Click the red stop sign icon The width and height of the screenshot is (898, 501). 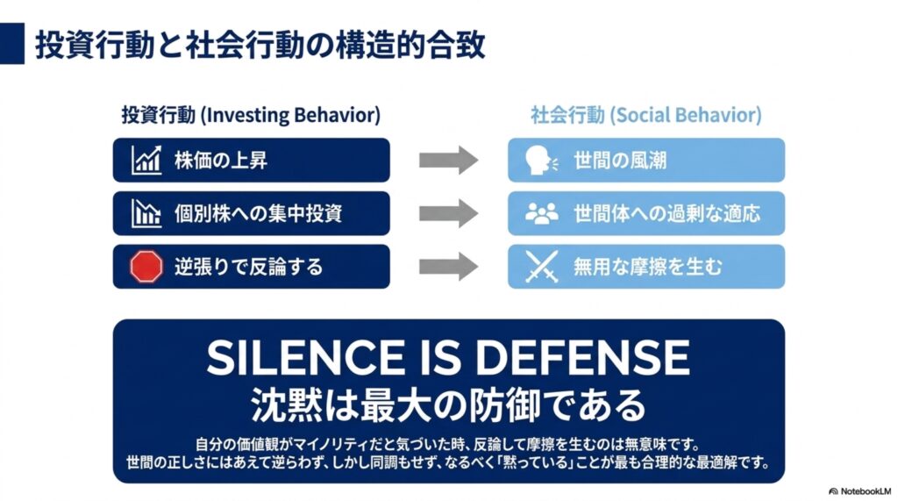tap(146, 267)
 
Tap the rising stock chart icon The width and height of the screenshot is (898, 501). tap(146, 160)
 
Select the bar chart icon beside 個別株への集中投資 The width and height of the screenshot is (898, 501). tap(146, 213)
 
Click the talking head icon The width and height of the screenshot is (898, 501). tap(541, 160)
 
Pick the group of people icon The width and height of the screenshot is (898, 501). tap(541, 213)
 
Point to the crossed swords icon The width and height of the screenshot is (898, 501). tap(541, 267)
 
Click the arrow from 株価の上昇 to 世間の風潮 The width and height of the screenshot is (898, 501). tap(448, 160)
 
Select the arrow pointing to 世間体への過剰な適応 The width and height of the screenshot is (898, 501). tap(448, 213)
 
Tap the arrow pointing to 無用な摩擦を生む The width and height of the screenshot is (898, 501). tap(448, 267)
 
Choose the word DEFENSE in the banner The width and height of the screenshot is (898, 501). tap(582, 357)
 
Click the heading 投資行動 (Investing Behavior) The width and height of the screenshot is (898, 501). tap(251, 115)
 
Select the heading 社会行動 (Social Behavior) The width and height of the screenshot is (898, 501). tap(646, 115)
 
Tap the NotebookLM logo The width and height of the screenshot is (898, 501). tap(860, 491)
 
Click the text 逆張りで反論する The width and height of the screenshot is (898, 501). tap(248, 267)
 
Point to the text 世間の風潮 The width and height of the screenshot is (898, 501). tap(620, 161)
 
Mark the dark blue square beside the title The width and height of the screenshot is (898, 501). tap(12, 44)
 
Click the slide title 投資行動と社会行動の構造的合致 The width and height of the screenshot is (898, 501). tap(260, 45)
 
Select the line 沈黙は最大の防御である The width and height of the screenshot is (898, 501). tap(448, 404)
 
